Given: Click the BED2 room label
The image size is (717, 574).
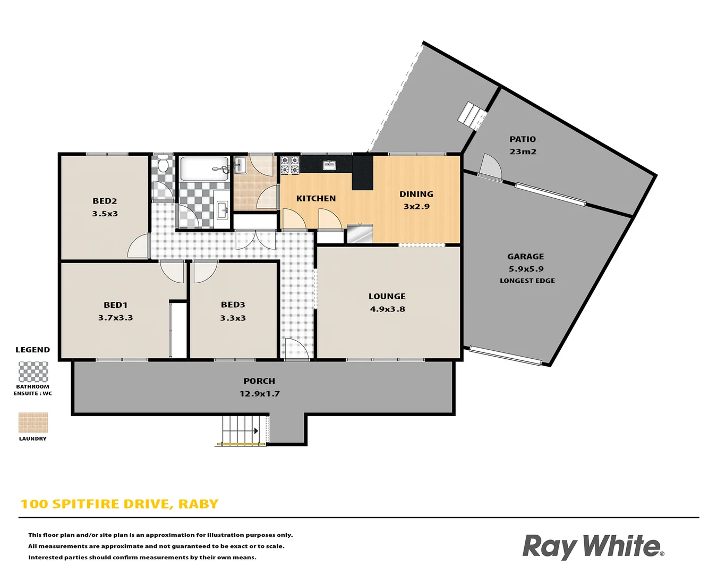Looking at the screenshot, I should click(105, 201).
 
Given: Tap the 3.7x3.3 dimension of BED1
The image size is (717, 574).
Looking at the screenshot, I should click(115, 318).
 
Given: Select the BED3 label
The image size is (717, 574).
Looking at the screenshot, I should click(233, 305).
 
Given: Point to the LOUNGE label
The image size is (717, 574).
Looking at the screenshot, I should click(387, 297).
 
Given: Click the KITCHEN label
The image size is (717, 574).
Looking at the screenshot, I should click(316, 198).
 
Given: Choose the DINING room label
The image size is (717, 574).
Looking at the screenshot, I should click(416, 194).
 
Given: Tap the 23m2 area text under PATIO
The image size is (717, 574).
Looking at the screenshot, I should click(523, 151).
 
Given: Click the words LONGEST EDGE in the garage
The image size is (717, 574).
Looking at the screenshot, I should click(527, 281).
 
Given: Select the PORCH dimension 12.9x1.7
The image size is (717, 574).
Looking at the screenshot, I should click(259, 394).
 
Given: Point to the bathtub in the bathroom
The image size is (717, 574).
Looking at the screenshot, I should click(204, 168).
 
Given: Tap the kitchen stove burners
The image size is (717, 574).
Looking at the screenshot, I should click(290, 165).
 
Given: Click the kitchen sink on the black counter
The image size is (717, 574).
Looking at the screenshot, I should click(329, 165).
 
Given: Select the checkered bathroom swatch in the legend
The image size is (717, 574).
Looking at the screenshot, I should click(33, 372).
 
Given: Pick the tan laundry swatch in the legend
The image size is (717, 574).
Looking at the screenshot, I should click(33, 423).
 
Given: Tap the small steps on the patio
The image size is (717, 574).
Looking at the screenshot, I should click(472, 115).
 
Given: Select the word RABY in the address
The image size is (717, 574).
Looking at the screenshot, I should click(198, 504).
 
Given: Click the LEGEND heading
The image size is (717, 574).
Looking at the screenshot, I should click(32, 350).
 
